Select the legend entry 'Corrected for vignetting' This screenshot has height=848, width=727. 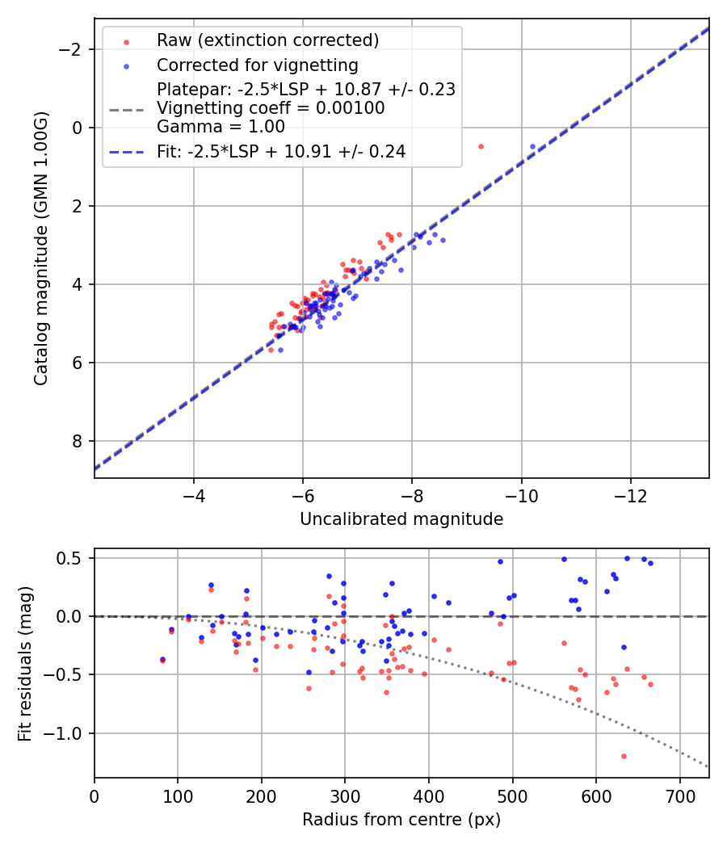pyautogui.click(x=257, y=65)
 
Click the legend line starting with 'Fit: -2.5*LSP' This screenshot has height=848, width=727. pyautogui.click(x=280, y=151)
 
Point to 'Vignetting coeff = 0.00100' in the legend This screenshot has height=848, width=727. pyautogui.click(x=271, y=108)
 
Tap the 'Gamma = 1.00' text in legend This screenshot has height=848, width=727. pyautogui.click(x=221, y=126)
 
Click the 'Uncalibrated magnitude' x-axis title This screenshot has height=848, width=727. pyautogui.click(x=401, y=519)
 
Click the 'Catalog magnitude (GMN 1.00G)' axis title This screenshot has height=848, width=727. pyautogui.click(x=42, y=248)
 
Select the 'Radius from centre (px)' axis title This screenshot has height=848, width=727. pyautogui.click(x=401, y=820)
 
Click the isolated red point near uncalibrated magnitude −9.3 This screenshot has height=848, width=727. pyautogui.click(x=481, y=146)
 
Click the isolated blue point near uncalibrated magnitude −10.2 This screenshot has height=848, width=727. pyautogui.click(x=532, y=146)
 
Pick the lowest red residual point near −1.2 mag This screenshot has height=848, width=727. pyautogui.click(x=624, y=756)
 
